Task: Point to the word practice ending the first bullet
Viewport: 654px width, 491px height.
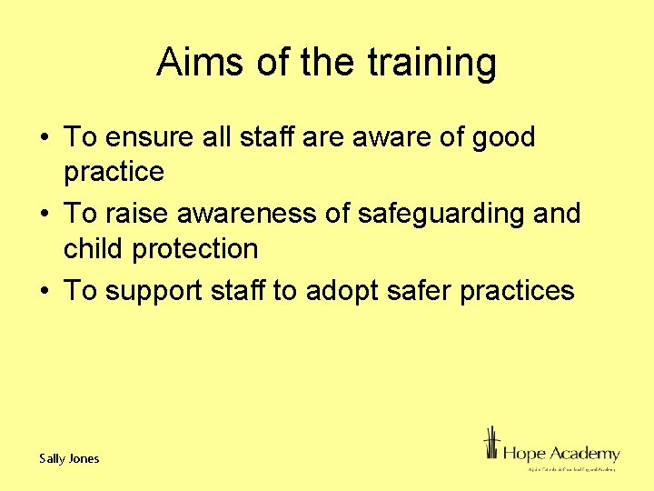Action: tap(114, 172)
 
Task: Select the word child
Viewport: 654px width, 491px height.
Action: tap(95, 248)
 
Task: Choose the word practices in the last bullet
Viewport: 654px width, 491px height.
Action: tap(518, 291)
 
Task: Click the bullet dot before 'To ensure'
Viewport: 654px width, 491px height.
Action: tap(45, 138)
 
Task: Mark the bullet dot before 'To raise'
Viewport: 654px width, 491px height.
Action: tap(45, 215)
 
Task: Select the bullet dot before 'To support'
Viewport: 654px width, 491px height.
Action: tap(45, 291)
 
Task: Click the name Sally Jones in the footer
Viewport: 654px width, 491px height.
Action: tap(69, 458)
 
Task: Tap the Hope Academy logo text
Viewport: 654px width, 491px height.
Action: tap(560, 453)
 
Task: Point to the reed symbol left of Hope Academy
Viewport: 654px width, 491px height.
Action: tap(491, 446)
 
